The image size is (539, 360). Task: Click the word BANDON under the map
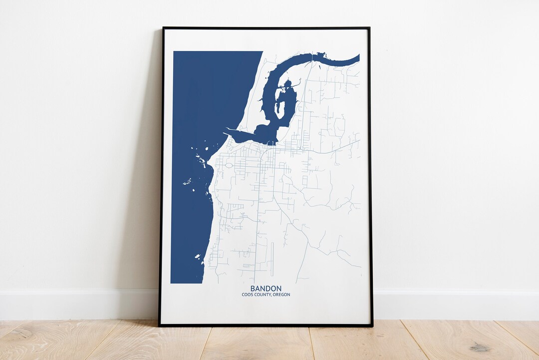266,289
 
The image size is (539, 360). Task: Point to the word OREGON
281,295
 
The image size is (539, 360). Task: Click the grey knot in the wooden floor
480,348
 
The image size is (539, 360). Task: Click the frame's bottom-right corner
371,326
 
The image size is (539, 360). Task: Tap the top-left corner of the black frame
163,28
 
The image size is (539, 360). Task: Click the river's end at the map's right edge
358,57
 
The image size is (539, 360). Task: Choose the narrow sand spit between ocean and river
257,100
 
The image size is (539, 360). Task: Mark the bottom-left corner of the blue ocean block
172,282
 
